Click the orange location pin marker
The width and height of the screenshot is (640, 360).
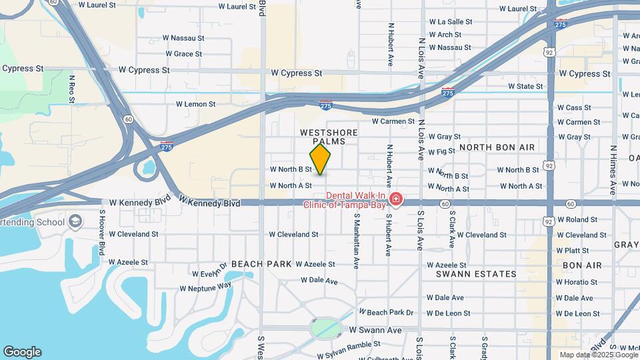(x=320, y=159)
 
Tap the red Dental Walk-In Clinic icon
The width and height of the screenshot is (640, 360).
(x=396, y=199)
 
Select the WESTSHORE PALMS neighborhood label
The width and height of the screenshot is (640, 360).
(x=329, y=137)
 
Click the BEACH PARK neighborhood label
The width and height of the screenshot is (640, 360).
(x=261, y=265)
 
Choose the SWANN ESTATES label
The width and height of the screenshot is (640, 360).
(x=476, y=274)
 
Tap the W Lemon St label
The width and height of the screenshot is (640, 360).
(x=195, y=104)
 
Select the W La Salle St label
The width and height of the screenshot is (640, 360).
(x=451, y=21)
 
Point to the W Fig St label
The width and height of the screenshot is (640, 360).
(x=442, y=151)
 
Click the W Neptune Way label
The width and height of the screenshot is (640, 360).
(x=205, y=287)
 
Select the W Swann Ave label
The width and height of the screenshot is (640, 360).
(x=375, y=330)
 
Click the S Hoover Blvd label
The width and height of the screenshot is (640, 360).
(x=102, y=232)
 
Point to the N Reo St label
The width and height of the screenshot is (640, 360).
(x=72, y=89)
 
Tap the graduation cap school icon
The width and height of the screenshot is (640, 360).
(x=76, y=221)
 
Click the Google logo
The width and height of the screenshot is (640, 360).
(x=22, y=352)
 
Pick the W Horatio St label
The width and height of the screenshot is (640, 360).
(x=577, y=282)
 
